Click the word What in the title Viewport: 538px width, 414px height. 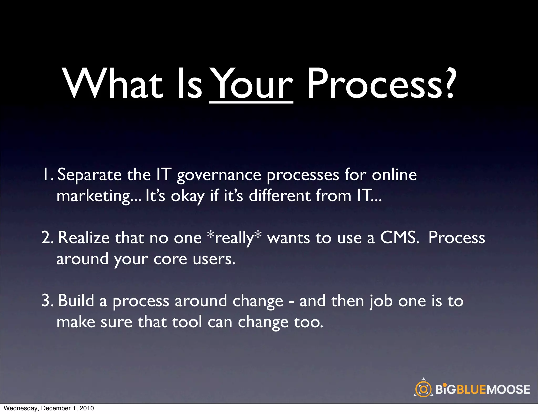(113, 84)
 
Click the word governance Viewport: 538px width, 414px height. (219, 175)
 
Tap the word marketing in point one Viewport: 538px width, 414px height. (94, 196)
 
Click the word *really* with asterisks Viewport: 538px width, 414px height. (234, 238)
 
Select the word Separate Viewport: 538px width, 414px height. (89, 175)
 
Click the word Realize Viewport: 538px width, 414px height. (84, 237)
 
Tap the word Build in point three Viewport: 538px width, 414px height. (76, 301)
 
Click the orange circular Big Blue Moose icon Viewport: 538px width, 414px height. (423, 389)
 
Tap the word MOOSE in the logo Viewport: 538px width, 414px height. (508, 389)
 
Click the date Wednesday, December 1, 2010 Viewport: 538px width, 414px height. (49, 408)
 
